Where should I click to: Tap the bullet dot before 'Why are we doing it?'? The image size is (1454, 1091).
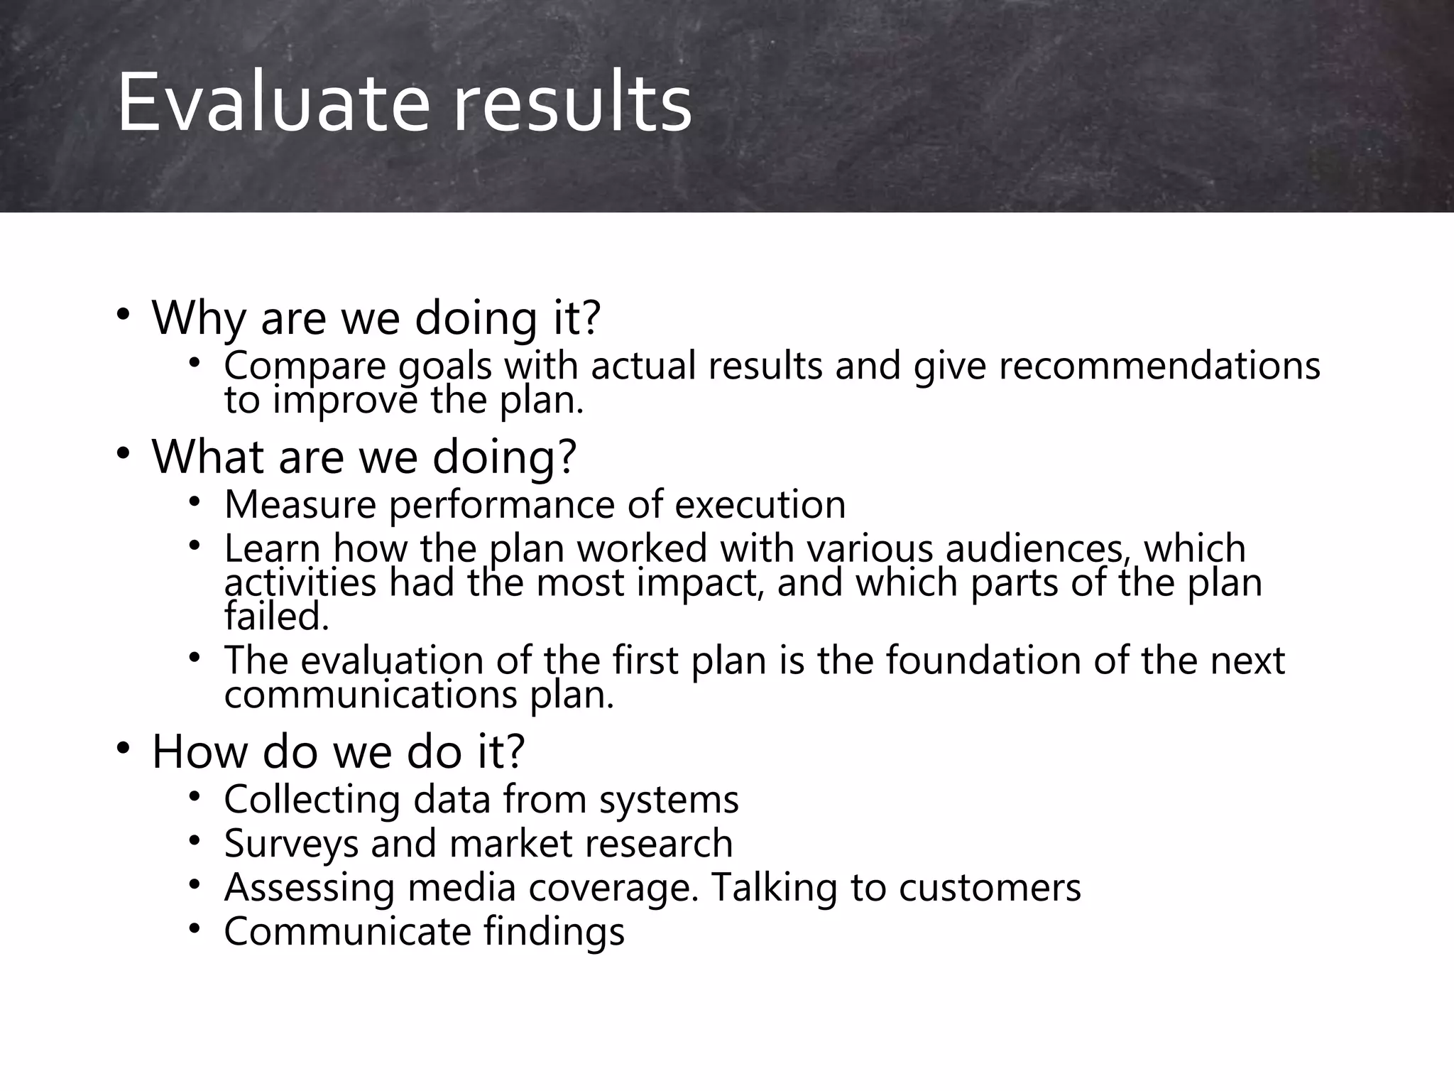tap(124, 314)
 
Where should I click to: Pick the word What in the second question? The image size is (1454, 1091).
tap(209, 456)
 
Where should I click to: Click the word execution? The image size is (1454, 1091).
tap(760, 505)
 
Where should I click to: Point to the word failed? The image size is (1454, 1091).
tap(277, 616)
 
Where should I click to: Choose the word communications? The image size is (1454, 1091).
tap(371, 695)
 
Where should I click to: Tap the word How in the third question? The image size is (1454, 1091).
tap(199, 751)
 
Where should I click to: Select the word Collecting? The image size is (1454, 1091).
tap(312, 800)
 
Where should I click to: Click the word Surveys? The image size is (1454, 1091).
tap(291, 845)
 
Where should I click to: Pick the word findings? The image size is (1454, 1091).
tap(554, 932)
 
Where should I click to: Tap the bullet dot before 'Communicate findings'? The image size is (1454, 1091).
tap(195, 928)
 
